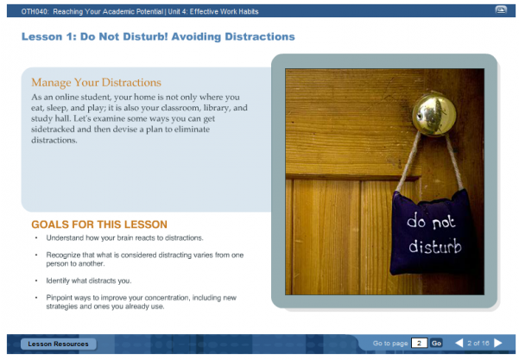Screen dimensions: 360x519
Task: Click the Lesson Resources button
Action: click(x=58, y=344)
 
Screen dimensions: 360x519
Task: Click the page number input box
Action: click(x=420, y=344)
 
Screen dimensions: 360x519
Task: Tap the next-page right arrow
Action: click(x=498, y=344)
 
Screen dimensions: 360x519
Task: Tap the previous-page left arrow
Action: click(x=459, y=344)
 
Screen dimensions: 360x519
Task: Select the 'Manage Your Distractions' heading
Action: click(x=96, y=83)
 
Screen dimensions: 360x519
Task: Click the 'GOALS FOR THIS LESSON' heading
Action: click(x=99, y=224)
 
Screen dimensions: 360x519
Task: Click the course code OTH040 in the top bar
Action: click(x=35, y=11)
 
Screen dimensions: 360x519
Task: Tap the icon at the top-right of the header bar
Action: click(x=501, y=10)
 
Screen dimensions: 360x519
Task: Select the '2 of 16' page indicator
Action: click(x=478, y=344)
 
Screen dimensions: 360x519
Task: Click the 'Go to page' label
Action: click(x=389, y=344)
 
